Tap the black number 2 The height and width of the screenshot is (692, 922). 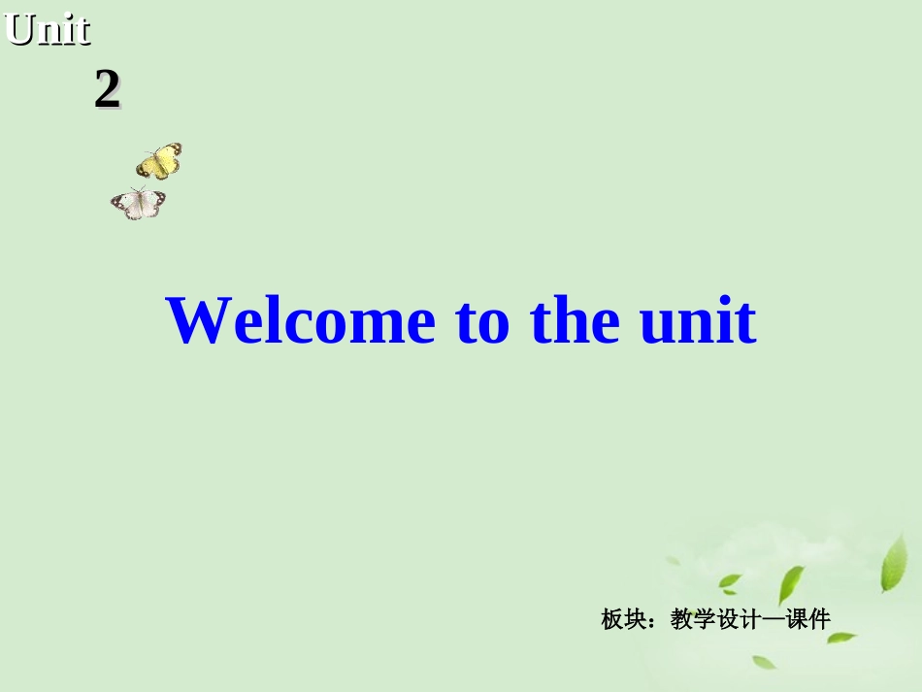coord(107,91)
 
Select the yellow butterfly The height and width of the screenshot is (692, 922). coord(159,161)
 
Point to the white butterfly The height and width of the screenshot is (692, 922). coord(138,203)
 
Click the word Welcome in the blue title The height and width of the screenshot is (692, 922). coord(301,321)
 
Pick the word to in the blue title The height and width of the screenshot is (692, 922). coord(482,323)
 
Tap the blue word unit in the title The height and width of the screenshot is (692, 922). coord(698,321)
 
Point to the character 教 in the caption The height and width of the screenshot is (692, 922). coord(681,619)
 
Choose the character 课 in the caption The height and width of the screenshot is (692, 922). coord(797,619)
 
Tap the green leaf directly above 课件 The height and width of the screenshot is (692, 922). coord(791,585)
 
